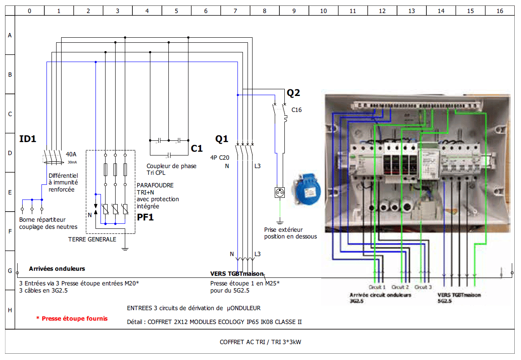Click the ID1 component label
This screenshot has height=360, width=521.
coord(28,139)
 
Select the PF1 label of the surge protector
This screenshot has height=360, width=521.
coord(145,217)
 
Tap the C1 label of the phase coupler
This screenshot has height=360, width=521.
coord(196,148)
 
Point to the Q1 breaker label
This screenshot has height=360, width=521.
coord(222,139)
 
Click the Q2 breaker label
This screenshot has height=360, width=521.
coord(293,93)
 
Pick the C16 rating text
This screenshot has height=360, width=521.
coord(296,110)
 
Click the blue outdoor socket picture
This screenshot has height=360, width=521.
coord(308,189)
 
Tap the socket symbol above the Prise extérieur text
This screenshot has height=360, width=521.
coord(279,193)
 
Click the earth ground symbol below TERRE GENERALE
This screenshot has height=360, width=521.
coord(124,249)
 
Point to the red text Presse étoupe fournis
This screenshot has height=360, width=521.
coord(72,319)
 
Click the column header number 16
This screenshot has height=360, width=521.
coord(500,11)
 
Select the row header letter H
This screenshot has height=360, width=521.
coord(10,310)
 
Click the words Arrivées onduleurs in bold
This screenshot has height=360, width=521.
coord(57,269)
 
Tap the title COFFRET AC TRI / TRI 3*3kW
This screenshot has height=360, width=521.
coord(260,342)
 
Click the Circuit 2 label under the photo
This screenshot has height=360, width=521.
coord(400,287)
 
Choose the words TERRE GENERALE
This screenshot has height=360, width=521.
coord(92,239)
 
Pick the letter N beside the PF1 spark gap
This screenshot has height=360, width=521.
coord(89,215)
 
